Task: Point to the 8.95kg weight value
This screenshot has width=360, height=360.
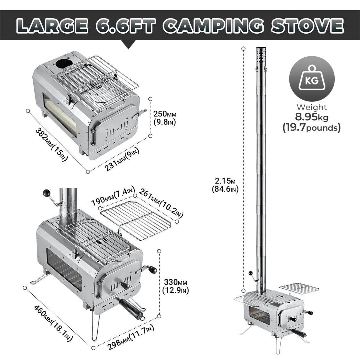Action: click(311, 117)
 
